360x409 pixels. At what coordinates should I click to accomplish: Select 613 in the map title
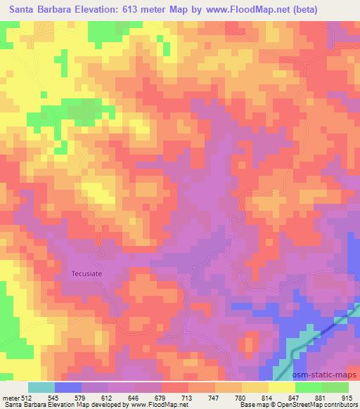(139, 10)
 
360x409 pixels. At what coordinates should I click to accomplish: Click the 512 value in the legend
(27, 398)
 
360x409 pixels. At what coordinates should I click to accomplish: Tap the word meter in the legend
(10, 398)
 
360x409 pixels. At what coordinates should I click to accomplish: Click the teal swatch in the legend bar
(42, 387)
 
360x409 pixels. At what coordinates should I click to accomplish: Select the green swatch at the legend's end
(335, 387)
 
